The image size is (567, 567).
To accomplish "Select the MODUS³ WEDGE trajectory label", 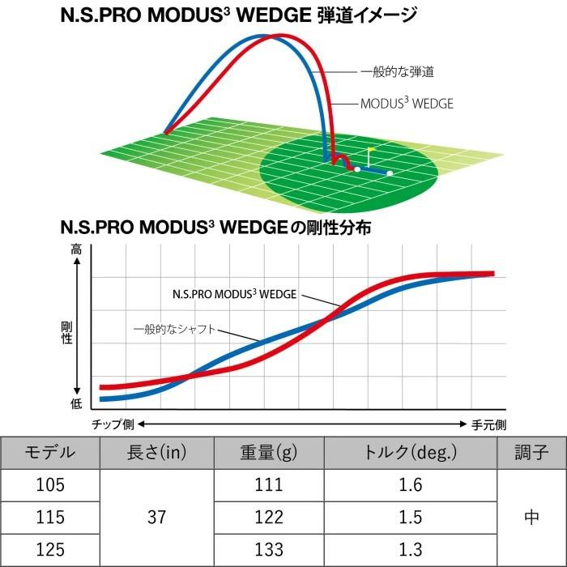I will [406, 104].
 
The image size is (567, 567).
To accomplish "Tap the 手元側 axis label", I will [488, 424].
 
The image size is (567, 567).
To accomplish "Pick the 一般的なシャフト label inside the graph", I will [174, 330].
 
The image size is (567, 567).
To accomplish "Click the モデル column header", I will [50, 452].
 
